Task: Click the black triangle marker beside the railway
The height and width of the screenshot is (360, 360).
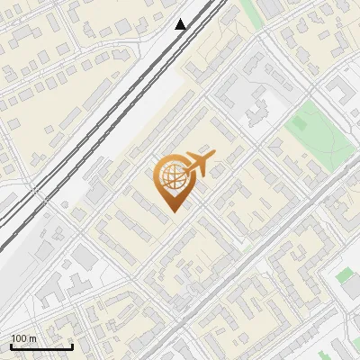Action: (x=181, y=24)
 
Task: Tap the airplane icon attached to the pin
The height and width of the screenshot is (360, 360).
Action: (x=200, y=165)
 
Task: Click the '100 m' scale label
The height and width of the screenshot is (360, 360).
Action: (x=23, y=338)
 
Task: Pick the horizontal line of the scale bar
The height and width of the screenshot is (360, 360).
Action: (x=41, y=346)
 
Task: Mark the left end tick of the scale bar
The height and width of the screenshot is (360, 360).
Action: (x=11, y=345)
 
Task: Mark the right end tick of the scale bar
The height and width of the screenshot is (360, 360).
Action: (x=72, y=345)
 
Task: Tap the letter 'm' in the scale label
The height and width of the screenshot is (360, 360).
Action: (x=32, y=338)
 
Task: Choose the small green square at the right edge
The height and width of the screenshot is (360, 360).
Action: (x=346, y=275)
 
